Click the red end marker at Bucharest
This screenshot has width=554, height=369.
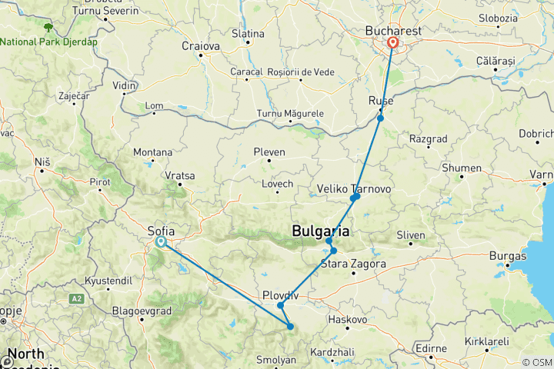(392, 43)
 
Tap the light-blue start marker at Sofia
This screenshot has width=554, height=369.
(161, 241)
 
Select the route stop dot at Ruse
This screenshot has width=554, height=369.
(380, 118)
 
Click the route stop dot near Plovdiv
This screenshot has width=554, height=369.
(281, 306)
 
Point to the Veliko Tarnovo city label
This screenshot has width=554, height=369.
(355, 188)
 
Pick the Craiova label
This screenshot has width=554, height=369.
(201, 45)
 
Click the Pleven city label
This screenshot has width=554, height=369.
(269, 152)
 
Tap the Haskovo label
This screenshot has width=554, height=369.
(346, 318)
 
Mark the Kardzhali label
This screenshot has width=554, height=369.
(333, 351)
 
